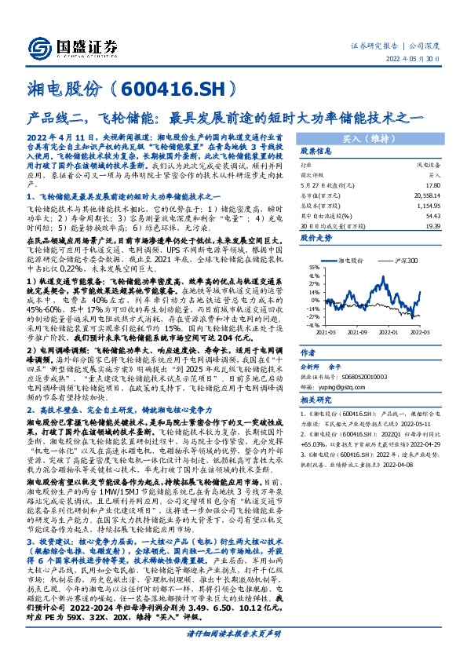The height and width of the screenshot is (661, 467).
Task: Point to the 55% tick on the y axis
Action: (313, 268)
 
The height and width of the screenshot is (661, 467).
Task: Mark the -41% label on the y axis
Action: (312, 324)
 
